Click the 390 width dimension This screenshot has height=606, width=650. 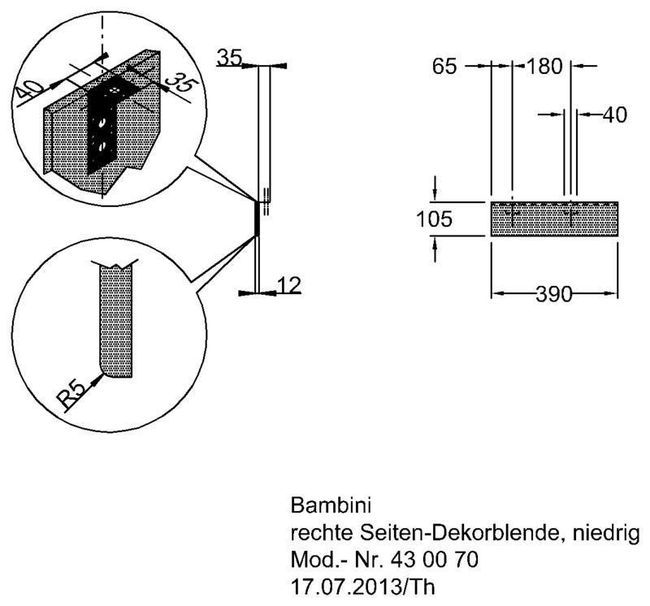pyautogui.click(x=554, y=294)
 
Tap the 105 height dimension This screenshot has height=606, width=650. pyautogui.click(x=434, y=219)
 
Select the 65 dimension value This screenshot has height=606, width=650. pyautogui.click(x=444, y=67)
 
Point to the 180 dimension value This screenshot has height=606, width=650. pyautogui.click(x=544, y=67)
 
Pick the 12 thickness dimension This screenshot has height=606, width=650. pyautogui.click(x=288, y=285)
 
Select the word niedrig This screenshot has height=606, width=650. pyautogui.click(x=605, y=534)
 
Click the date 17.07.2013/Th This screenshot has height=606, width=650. pyautogui.click(x=362, y=587)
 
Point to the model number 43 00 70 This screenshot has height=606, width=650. pyautogui.click(x=434, y=560)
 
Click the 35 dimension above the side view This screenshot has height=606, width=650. pyautogui.click(x=229, y=57)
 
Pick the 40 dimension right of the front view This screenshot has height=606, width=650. pyautogui.click(x=615, y=115)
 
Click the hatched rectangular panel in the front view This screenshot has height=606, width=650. pyautogui.click(x=555, y=219)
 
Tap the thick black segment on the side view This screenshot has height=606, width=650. pyautogui.click(x=257, y=219)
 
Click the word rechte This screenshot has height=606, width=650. pyautogui.click(x=322, y=533)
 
